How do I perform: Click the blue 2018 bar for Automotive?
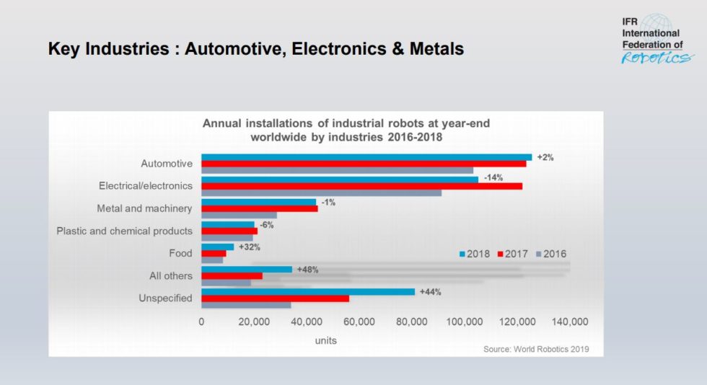coord(366,157)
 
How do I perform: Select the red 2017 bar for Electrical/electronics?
coord(361,186)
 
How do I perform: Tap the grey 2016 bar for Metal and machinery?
coord(239,215)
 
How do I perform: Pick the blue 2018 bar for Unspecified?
coord(308,292)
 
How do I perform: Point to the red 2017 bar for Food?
coord(214,254)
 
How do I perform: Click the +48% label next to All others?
coord(307,270)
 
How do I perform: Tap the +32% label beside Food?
coord(250,247)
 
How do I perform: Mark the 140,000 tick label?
coord(570,322)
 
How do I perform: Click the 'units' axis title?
coord(326,340)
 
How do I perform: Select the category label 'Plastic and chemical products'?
coord(125,231)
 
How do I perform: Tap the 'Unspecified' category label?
coord(164,298)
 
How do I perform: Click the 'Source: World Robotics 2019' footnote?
coord(536,350)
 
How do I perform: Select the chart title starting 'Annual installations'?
coord(346,130)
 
